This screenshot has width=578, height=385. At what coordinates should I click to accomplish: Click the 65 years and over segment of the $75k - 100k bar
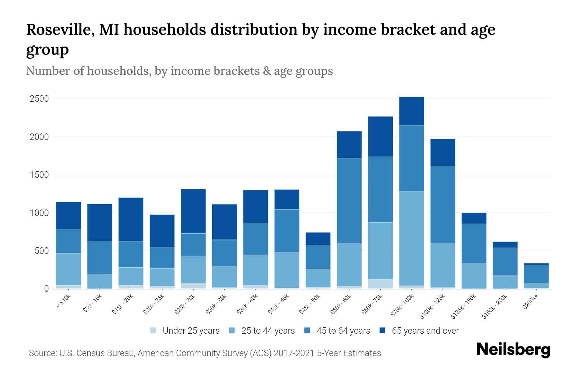click(411, 111)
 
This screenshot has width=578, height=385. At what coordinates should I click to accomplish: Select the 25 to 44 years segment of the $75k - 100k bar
click(411, 238)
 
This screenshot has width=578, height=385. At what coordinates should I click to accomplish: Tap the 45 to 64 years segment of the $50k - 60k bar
click(349, 200)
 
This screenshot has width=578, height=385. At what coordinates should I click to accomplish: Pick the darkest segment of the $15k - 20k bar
click(131, 219)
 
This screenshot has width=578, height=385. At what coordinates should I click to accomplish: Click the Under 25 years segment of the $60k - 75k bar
click(380, 284)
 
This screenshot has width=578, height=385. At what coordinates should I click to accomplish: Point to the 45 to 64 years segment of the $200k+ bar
click(536, 274)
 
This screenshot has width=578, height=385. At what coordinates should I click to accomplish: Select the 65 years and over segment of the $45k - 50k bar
click(318, 239)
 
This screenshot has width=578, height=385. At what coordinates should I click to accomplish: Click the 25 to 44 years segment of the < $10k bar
click(68, 269)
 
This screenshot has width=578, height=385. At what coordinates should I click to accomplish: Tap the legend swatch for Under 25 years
click(153, 330)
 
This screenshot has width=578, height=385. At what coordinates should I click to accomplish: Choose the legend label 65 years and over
click(425, 331)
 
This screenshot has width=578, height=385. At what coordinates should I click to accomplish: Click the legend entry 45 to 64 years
click(343, 331)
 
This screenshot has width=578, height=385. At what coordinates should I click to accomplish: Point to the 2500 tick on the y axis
click(39, 99)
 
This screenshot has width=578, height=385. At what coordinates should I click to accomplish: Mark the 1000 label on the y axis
click(39, 213)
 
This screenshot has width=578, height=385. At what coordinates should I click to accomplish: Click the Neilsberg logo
click(513, 350)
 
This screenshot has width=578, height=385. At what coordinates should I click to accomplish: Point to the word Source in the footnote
click(42, 353)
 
